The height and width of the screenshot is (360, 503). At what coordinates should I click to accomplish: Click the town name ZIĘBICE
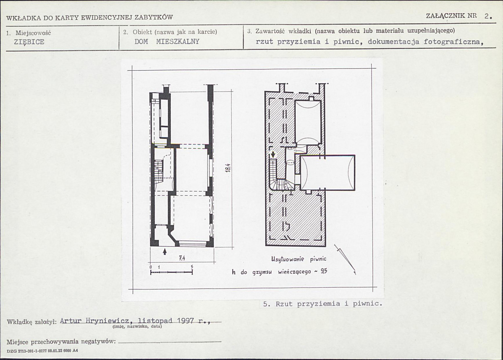coord(29,42)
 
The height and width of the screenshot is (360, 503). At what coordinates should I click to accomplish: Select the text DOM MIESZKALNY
coord(167,42)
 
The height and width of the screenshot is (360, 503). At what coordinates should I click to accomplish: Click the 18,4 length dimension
coord(228,168)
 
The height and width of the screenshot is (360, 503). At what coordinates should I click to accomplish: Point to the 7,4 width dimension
coord(182,258)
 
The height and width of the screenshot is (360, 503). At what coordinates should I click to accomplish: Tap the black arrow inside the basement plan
coord(273,155)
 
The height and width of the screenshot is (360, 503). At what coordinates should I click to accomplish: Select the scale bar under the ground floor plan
coord(172,272)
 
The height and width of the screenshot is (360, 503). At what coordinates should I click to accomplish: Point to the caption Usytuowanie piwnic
coord(299,259)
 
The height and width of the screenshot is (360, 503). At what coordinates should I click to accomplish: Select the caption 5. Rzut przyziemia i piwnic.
coord(323,304)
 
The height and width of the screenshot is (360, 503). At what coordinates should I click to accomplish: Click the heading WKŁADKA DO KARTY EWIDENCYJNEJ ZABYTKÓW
coord(89,17)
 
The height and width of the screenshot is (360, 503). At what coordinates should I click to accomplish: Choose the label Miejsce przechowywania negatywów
coord(61,342)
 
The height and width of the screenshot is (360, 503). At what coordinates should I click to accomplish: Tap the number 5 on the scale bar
coord(192,267)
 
